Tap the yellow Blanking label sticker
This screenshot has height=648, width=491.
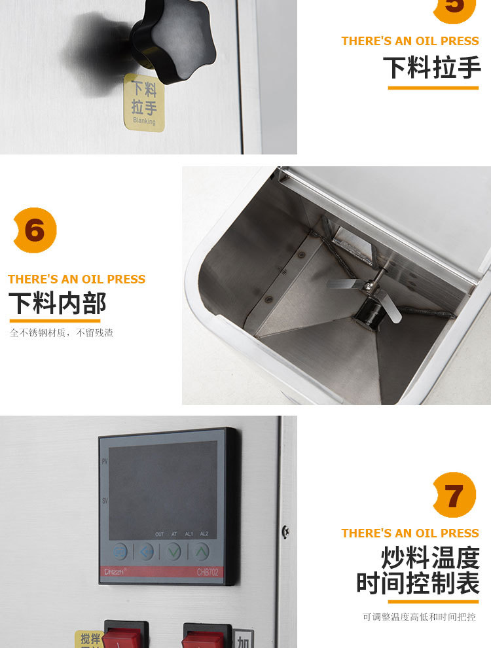click(x=144, y=102)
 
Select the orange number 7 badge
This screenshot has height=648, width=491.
click(x=454, y=495)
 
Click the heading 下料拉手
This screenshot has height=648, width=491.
click(x=432, y=67)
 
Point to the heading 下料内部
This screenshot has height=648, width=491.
click(x=57, y=304)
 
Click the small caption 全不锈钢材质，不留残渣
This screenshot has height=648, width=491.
click(x=62, y=333)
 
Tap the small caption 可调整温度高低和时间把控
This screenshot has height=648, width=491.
click(x=420, y=617)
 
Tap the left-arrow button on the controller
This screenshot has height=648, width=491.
click(x=145, y=551)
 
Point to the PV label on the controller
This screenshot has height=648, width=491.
click(x=105, y=461)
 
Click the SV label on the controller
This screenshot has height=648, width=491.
click(x=105, y=501)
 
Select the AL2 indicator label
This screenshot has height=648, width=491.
click(x=204, y=534)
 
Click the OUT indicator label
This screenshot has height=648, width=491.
click(x=160, y=534)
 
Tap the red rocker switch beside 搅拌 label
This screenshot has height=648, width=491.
click(x=123, y=637)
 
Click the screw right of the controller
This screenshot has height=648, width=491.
click(x=285, y=531)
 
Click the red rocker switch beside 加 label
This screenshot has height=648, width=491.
click(x=204, y=638)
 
